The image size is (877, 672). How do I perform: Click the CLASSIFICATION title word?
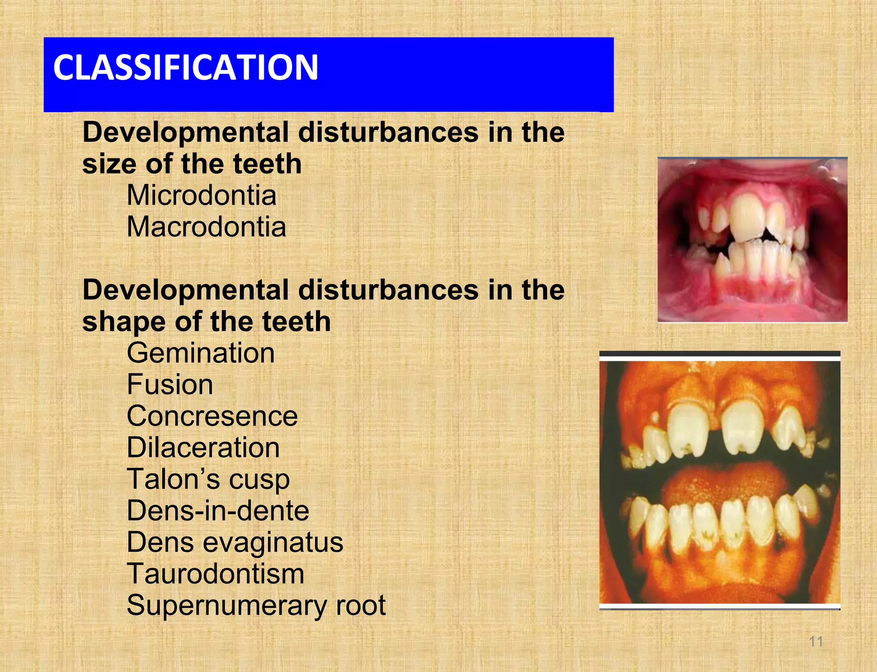185,67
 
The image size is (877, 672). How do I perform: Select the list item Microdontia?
201,196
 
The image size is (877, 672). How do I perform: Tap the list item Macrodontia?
206,227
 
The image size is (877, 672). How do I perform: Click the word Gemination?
200,353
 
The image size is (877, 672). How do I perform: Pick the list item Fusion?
170,384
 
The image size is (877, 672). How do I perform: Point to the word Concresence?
212,416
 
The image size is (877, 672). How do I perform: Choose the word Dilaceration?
203,448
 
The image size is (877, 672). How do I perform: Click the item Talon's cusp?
208,479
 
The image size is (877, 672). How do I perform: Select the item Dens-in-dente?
218,511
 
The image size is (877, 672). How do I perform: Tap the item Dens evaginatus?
235,542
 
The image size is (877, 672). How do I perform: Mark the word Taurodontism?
215,574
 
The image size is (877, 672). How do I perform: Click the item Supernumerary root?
256,605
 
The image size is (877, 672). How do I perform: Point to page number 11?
816,642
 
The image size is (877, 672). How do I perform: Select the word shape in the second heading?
124,322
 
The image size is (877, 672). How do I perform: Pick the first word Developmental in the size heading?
185,132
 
